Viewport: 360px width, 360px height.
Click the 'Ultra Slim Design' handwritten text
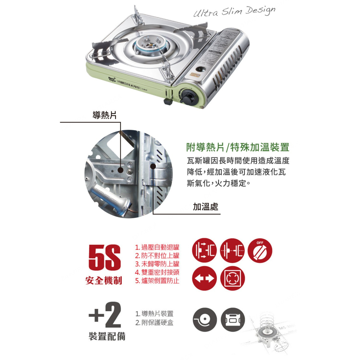point(234,12)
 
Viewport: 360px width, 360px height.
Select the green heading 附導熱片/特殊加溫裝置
point(238,147)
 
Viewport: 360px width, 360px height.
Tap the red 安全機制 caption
point(104,280)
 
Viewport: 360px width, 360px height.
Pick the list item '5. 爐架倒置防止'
point(157,280)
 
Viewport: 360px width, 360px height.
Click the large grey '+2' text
point(105,315)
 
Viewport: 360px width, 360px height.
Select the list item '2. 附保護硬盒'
point(154,323)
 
